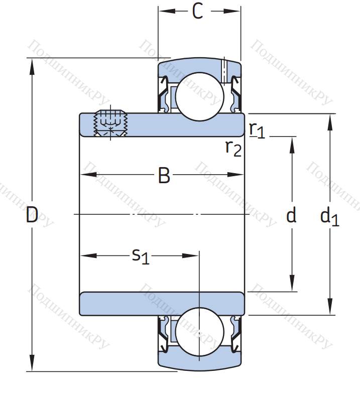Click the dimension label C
(198, 12)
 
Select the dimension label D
(32, 216)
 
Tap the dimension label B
(164, 176)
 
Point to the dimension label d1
(329, 216)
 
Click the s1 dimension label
(141, 256)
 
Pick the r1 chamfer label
(257, 129)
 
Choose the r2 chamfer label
(233, 147)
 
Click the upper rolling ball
(199, 96)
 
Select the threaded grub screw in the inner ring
(110, 123)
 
